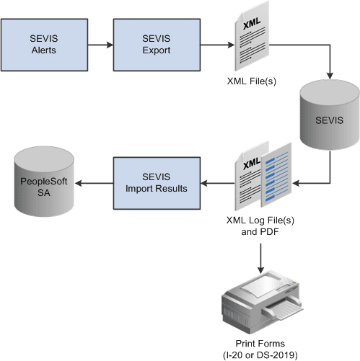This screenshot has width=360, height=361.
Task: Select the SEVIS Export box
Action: pyautogui.click(x=155, y=45)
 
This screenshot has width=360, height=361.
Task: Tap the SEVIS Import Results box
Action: pyautogui.click(x=155, y=183)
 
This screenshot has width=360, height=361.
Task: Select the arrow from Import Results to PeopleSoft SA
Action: pyautogui.click(x=94, y=183)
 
